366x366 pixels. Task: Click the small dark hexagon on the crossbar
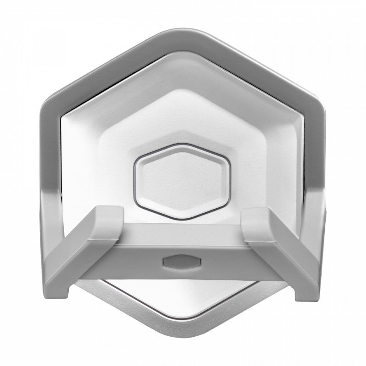point(182,261)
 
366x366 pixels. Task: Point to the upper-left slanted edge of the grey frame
point(110,64)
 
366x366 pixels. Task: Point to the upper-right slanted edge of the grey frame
point(256,64)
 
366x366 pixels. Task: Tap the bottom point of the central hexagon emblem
point(182,209)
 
